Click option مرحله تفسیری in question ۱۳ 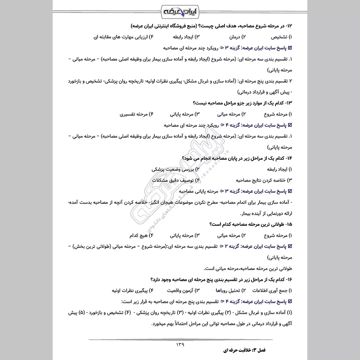point(135,114)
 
